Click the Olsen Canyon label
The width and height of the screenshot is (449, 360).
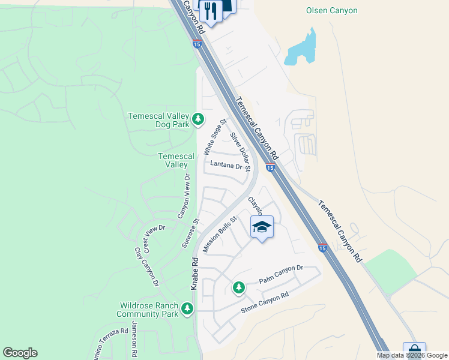(331, 10)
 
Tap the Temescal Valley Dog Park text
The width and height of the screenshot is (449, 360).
(158, 120)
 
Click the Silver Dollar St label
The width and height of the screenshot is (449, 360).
(240, 149)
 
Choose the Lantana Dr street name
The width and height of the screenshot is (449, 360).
(226, 166)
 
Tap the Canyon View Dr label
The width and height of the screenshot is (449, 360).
(183, 196)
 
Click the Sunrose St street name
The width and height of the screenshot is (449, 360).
(190, 233)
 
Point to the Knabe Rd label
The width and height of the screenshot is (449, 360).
(194, 274)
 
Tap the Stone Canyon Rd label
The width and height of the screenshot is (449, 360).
(265, 303)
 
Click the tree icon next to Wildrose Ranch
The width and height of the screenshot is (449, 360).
(188, 308)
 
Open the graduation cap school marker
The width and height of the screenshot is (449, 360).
(261, 227)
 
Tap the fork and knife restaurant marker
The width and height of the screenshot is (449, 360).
(211, 10)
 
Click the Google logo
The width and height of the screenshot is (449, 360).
(20, 353)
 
